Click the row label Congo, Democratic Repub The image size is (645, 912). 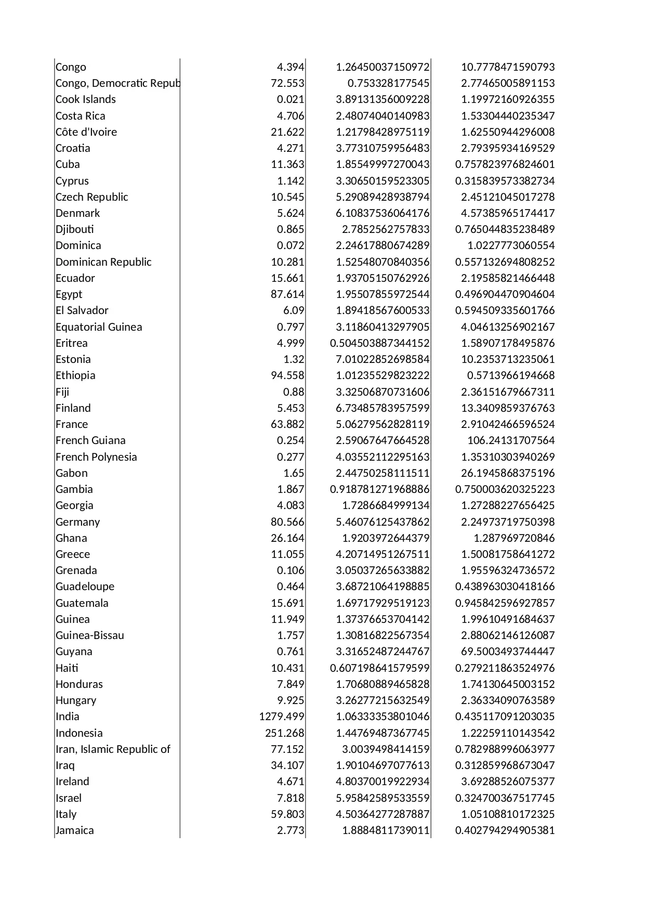click(117, 83)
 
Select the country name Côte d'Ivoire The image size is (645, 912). click(86, 132)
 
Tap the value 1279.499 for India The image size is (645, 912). click(282, 716)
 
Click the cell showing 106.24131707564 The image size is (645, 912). click(511, 440)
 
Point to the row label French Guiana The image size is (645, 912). click(90, 440)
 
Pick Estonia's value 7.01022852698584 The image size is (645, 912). click(383, 359)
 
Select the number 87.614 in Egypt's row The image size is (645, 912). click(287, 294)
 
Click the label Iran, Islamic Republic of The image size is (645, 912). click(113, 749)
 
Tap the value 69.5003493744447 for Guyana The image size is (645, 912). click(508, 652)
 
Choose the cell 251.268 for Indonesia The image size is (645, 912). click(284, 733)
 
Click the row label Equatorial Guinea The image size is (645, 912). click(99, 327)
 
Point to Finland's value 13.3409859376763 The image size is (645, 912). click(508, 408)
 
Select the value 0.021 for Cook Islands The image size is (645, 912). click(291, 99)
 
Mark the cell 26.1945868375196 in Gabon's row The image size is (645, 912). click(508, 473)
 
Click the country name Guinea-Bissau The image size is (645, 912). click(90, 635)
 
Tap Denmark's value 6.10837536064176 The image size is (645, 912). click(383, 213)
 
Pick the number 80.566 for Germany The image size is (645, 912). click(287, 522)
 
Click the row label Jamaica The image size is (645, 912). click(75, 830)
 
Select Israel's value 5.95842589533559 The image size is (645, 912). click(383, 798)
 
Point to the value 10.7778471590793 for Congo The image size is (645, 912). click(508, 67)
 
